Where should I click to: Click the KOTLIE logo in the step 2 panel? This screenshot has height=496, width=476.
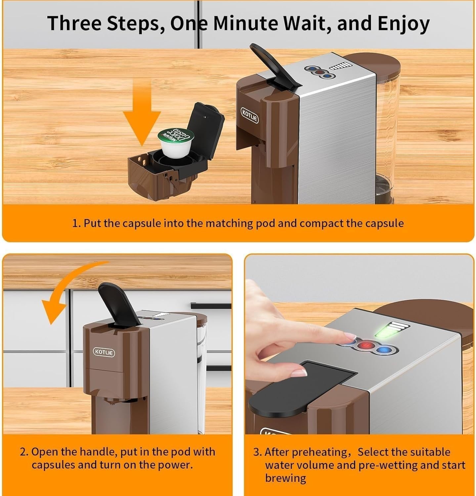(104, 352)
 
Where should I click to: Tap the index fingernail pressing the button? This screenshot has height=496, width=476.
(350, 338)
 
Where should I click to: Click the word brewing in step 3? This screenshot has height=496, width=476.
(285, 478)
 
